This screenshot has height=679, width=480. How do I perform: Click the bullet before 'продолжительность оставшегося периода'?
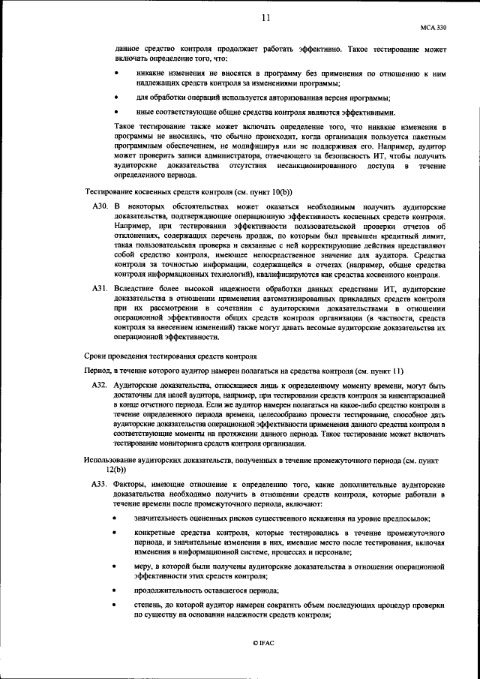pyautogui.click(x=115, y=592)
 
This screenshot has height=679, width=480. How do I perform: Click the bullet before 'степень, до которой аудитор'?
pyautogui.click(x=115, y=605)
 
